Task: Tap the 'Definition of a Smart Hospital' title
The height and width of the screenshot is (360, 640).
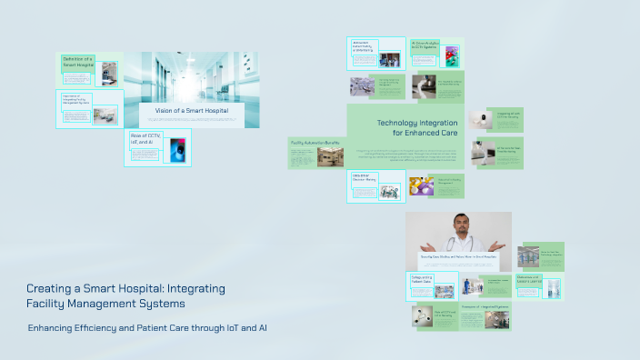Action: click(x=78, y=63)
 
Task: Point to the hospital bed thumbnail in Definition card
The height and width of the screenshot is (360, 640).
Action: click(x=109, y=73)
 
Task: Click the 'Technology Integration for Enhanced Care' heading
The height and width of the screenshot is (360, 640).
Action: click(x=417, y=127)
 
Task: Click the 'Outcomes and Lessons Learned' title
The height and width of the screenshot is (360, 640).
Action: click(x=529, y=280)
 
